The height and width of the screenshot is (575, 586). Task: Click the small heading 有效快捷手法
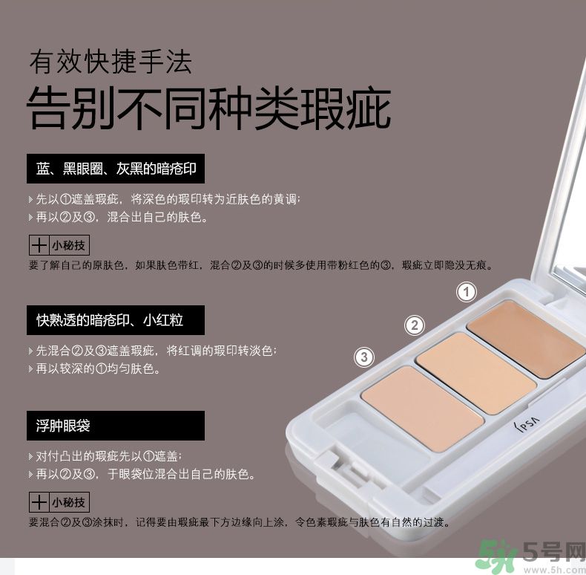click(x=111, y=62)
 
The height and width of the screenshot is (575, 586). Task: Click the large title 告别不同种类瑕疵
click(x=209, y=108)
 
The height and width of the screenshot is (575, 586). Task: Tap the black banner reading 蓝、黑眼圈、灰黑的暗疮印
click(x=116, y=169)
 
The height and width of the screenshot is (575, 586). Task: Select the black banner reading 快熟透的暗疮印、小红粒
click(x=116, y=320)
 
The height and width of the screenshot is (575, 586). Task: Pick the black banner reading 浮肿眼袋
click(x=116, y=426)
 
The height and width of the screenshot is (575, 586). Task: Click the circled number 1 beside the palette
click(x=467, y=292)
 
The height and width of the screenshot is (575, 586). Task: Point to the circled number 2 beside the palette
click(x=415, y=325)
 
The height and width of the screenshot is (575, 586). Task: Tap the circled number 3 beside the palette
click(x=364, y=357)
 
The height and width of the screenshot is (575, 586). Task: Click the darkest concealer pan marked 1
click(x=526, y=339)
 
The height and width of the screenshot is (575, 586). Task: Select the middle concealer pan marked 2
click(x=476, y=373)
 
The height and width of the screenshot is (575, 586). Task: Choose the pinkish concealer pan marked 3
click(x=423, y=409)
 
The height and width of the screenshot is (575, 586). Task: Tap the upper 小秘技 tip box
click(x=59, y=245)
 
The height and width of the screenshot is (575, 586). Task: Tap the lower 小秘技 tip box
click(x=59, y=502)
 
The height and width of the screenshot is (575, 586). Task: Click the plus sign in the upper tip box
click(x=39, y=246)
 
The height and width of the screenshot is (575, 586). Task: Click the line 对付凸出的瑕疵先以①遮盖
click(x=105, y=456)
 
